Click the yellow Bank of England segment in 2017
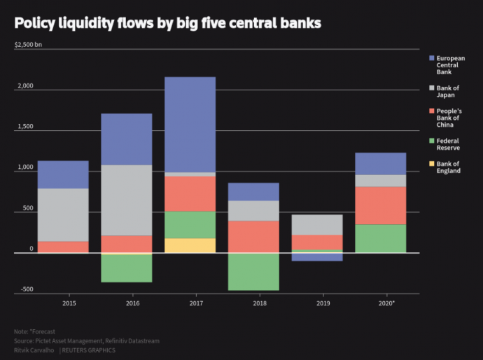point(190,245)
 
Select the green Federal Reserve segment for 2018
point(253,271)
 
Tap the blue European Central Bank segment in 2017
point(190,124)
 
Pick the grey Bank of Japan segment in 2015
point(63,215)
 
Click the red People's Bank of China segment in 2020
point(380,205)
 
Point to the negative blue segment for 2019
point(317,256)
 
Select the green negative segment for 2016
point(127,268)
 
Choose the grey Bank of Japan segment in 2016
point(127,200)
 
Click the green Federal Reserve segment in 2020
point(380,238)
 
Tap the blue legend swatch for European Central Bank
point(433,58)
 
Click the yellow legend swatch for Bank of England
point(433,164)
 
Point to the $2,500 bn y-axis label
point(29,45)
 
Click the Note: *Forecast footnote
point(34,331)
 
